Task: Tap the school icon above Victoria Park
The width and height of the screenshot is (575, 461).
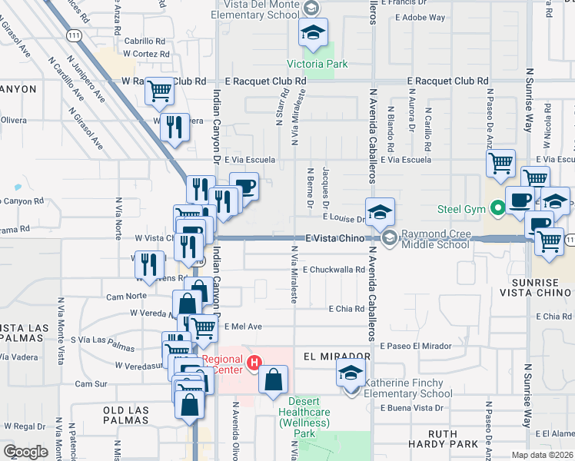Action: [313, 33]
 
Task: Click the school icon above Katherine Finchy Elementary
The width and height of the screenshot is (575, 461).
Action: [351, 374]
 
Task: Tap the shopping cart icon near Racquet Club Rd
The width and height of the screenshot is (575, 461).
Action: [160, 91]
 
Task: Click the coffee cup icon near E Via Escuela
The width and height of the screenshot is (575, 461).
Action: [244, 187]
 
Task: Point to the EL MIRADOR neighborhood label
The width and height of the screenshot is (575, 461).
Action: [337, 357]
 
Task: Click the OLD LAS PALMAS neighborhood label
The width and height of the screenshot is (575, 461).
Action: [136, 411]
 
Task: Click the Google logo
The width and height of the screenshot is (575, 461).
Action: [25, 451]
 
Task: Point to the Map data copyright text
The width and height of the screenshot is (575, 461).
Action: [541, 455]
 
